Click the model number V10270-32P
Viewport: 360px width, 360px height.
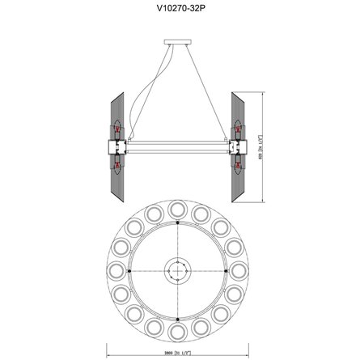tap(179, 11)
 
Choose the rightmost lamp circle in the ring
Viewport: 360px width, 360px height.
tap(242, 269)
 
